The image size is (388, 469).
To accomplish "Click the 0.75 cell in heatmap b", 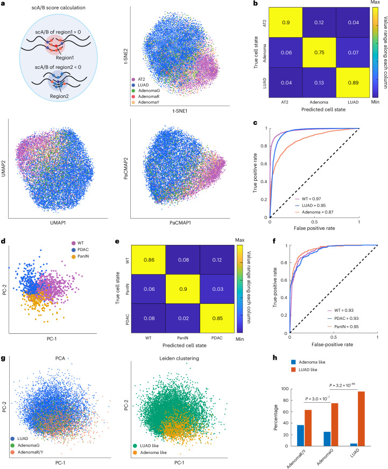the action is pos(319,52).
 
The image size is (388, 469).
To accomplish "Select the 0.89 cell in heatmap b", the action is pos(353,82).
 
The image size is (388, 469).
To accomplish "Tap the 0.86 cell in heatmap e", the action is pos(149,260).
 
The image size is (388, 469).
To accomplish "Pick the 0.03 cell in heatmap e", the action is pos(217,289).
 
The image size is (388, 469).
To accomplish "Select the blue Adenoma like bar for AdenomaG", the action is pos(327,439).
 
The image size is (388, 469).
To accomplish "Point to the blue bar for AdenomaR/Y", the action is pos(300,436).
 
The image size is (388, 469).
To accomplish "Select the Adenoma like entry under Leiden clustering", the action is pos(150,452).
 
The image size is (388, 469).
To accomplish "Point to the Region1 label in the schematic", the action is pos(65,58).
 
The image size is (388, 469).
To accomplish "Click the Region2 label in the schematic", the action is pos(59,96).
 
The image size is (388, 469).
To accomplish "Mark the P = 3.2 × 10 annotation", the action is pos(342,385).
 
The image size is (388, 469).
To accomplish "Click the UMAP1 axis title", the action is pos(58,223).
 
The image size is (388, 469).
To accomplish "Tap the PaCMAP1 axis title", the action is pos(180,223).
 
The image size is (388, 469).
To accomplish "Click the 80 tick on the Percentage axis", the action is pos(285,400).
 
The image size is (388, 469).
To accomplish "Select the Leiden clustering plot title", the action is pos(179,358).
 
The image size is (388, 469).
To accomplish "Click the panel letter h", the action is pos(274,358).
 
